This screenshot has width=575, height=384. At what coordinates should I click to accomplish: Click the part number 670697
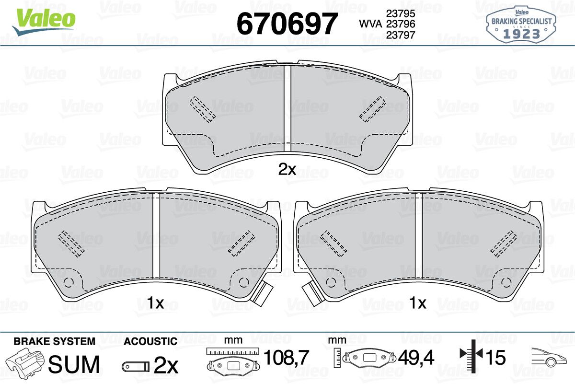point(287,23)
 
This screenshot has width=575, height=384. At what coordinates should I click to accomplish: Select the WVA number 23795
point(401,13)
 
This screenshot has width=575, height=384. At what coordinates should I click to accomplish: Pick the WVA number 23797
point(401,35)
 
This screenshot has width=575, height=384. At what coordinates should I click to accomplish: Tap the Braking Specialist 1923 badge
point(521,24)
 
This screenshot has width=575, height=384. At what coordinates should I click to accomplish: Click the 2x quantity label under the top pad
point(287,169)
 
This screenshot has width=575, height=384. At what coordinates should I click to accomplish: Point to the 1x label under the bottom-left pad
point(155,303)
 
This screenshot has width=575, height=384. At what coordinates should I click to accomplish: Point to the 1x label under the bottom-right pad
point(418,303)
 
